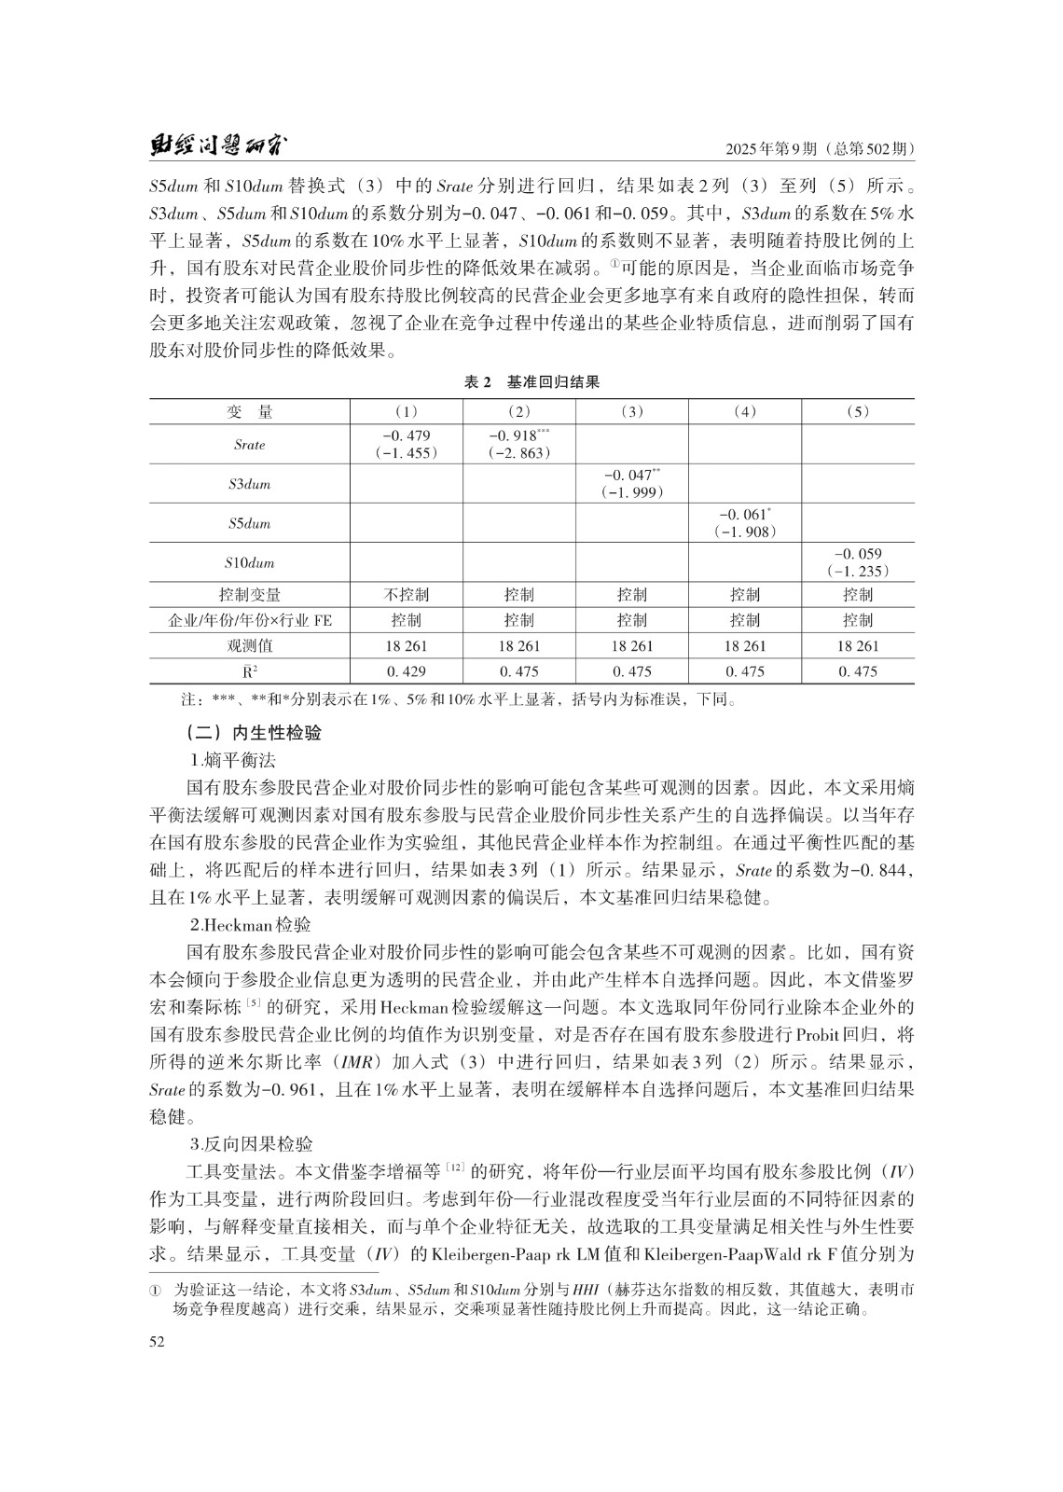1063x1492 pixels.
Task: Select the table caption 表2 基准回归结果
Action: point(531,382)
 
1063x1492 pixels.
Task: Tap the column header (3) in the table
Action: point(632,411)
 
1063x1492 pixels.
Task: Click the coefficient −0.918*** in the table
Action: point(519,435)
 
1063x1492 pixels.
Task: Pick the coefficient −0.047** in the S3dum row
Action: point(632,476)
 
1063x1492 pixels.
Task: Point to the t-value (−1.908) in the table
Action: point(745,532)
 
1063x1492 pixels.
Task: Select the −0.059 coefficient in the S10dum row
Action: point(858,554)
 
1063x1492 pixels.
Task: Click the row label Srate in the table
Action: point(249,445)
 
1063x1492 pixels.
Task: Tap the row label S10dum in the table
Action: point(249,563)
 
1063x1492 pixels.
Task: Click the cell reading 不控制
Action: point(407,595)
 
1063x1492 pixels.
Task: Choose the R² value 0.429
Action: point(407,671)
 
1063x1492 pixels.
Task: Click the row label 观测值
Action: point(249,645)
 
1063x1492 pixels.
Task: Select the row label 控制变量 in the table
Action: point(249,595)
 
